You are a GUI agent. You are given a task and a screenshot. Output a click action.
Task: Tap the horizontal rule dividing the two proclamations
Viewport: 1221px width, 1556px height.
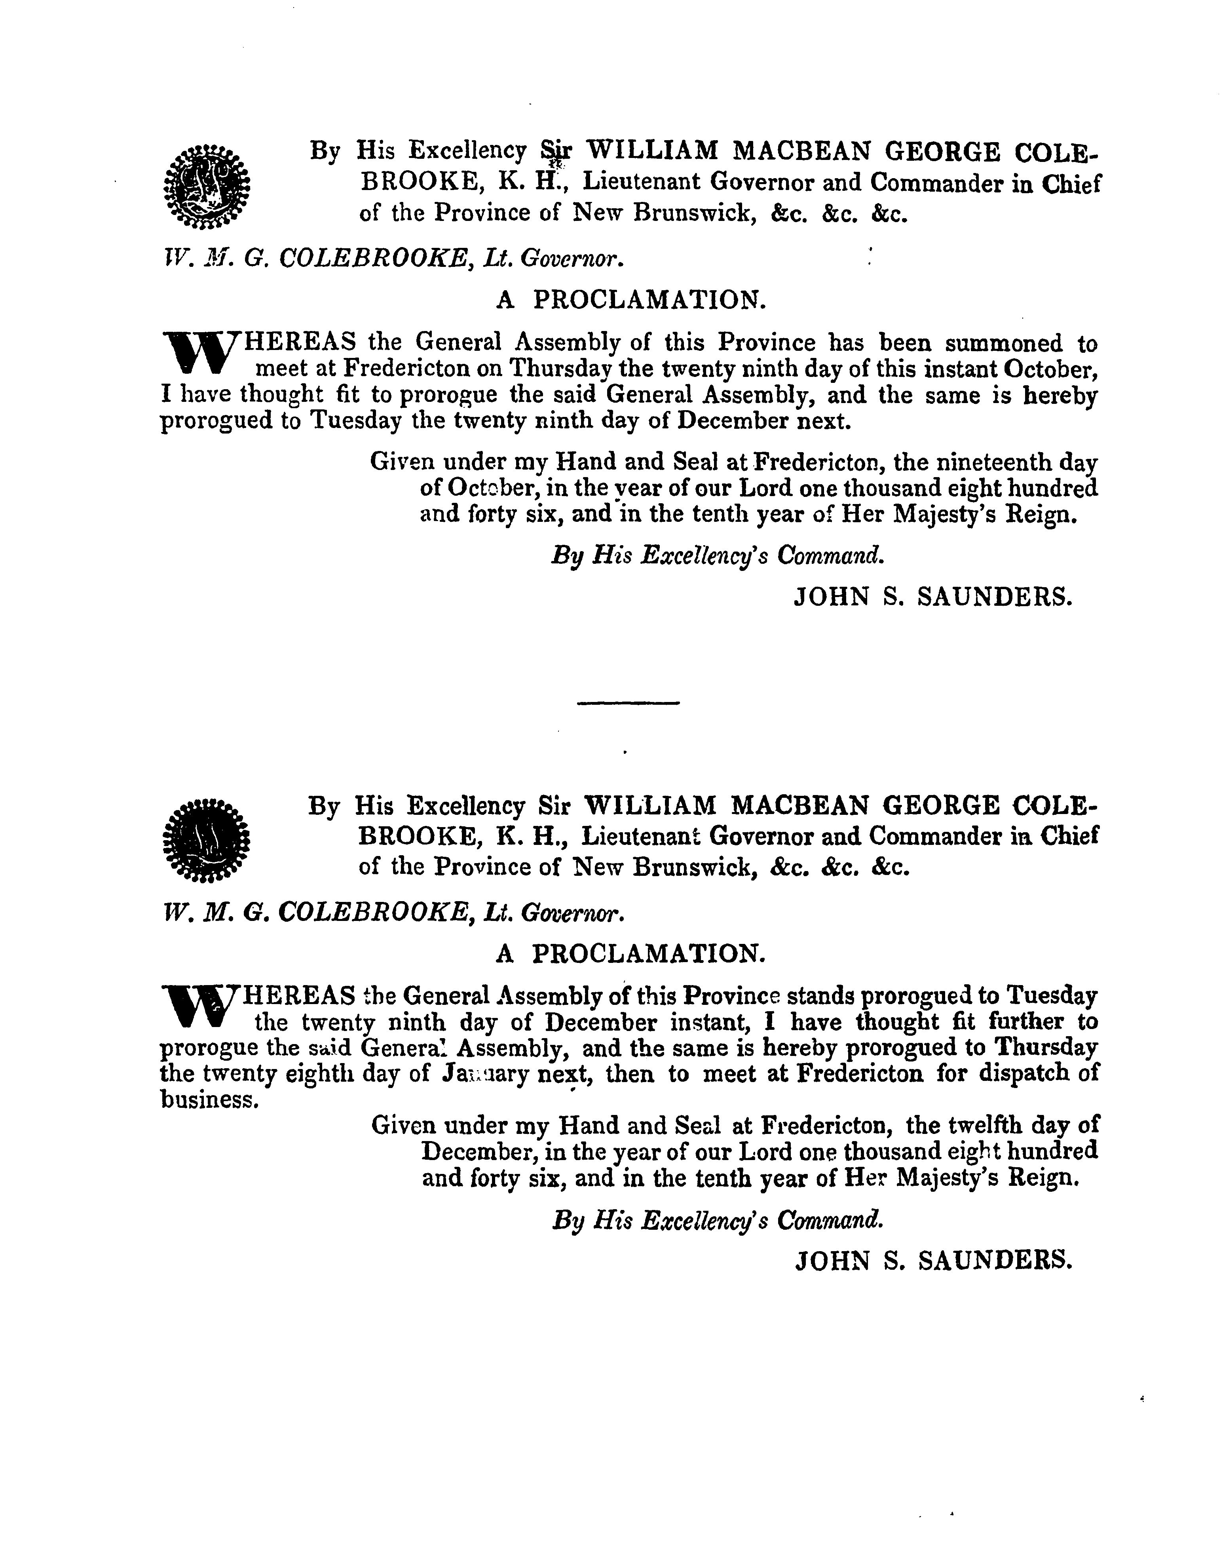(628, 705)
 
